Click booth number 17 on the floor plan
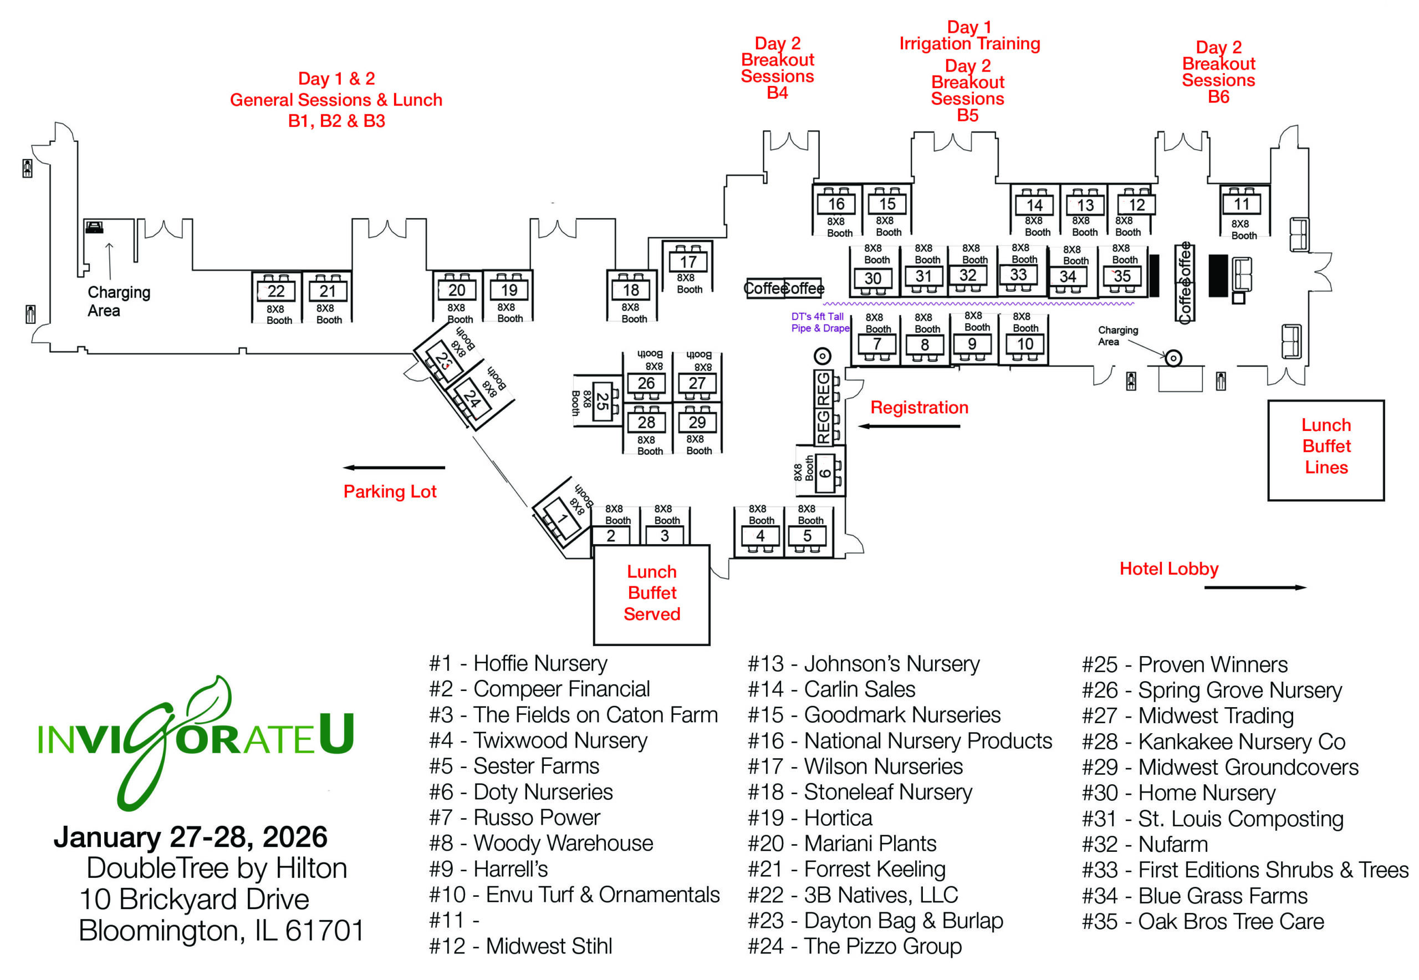(x=687, y=262)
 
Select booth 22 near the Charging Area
(x=275, y=291)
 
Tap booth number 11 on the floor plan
(x=1241, y=204)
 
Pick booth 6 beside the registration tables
(x=825, y=473)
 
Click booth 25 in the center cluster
(x=602, y=402)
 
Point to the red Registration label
(x=919, y=408)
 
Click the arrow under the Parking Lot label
(x=394, y=468)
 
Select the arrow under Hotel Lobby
(x=1254, y=588)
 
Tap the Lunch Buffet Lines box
(x=1326, y=450)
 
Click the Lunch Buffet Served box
(x=651, y=594)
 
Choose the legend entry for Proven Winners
(x=1184, y=664)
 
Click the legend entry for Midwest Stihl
(x=520, y=946)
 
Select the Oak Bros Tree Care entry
(x=1202, y=922)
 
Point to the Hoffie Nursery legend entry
(x=518, y=663)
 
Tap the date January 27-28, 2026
(x=190, y=837)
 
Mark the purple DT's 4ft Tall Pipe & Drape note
(x=819, y=322)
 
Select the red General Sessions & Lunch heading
(x=336, y=99)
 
